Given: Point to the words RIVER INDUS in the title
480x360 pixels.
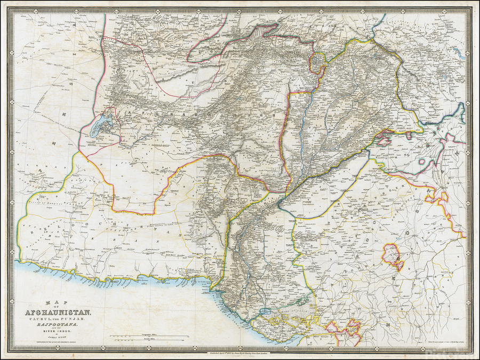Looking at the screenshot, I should click(x=56, y=332).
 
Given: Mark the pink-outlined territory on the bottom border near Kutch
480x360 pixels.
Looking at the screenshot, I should click(x=341, y=331).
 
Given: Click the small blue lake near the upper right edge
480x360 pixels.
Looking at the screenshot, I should click(x=458, y=53).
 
